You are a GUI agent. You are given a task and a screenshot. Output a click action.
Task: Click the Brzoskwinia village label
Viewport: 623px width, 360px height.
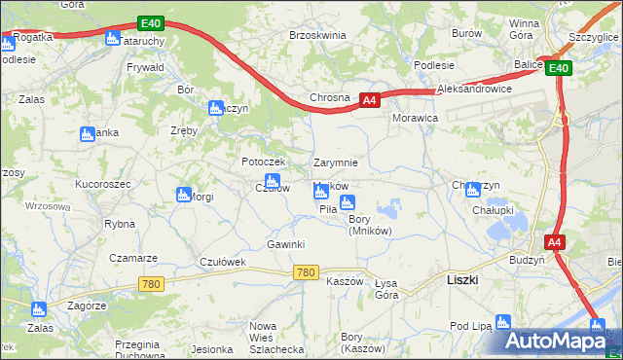pyautogui.click(x=317, y=34)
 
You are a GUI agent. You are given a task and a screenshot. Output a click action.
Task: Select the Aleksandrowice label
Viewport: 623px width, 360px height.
pyautogui.click(x=475, y=88)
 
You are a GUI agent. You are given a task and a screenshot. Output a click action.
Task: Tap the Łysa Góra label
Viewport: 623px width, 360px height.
pyautogui.click(x=386, y=288)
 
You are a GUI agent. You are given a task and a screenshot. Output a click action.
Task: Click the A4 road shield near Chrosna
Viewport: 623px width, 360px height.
pyautogui.click(x=369, y=99)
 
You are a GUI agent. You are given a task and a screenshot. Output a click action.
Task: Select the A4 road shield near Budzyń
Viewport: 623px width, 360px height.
pyautogui.click(x=554, y=242)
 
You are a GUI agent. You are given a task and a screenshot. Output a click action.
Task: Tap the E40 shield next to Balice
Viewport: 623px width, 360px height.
pyautogui.click(x=558, y=68)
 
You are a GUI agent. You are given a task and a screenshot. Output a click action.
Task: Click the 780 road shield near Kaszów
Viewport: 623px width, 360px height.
pyautogui.click(x=305, y=272)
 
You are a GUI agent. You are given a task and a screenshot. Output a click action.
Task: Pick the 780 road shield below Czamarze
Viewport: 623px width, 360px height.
pyautogui.click(x=151, y=284)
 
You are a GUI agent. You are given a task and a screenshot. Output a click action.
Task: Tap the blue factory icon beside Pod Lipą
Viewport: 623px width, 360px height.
pyautogui.click(x=503, y=321)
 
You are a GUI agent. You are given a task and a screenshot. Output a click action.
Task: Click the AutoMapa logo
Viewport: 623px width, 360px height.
pyautogui.click(x=564, y=341)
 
